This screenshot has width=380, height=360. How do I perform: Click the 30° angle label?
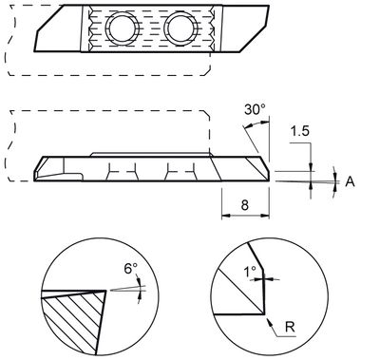[x=255, y=109]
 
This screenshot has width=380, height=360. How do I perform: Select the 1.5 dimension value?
[x=299, y=131]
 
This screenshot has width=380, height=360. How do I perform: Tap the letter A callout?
[x=350, y=181]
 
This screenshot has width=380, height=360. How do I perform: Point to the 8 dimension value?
[x=245, y=205]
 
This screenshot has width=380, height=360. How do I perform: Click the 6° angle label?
[x=131, y=269]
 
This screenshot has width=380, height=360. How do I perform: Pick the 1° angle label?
[x=250, y=272]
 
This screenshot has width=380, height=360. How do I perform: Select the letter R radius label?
[x=290, y=327]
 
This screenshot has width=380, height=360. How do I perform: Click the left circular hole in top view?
[x=123, y=28]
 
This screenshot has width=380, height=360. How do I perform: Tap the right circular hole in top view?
[x=181, y=28]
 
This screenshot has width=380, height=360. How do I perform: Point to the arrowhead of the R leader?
[x=270, y=323]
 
